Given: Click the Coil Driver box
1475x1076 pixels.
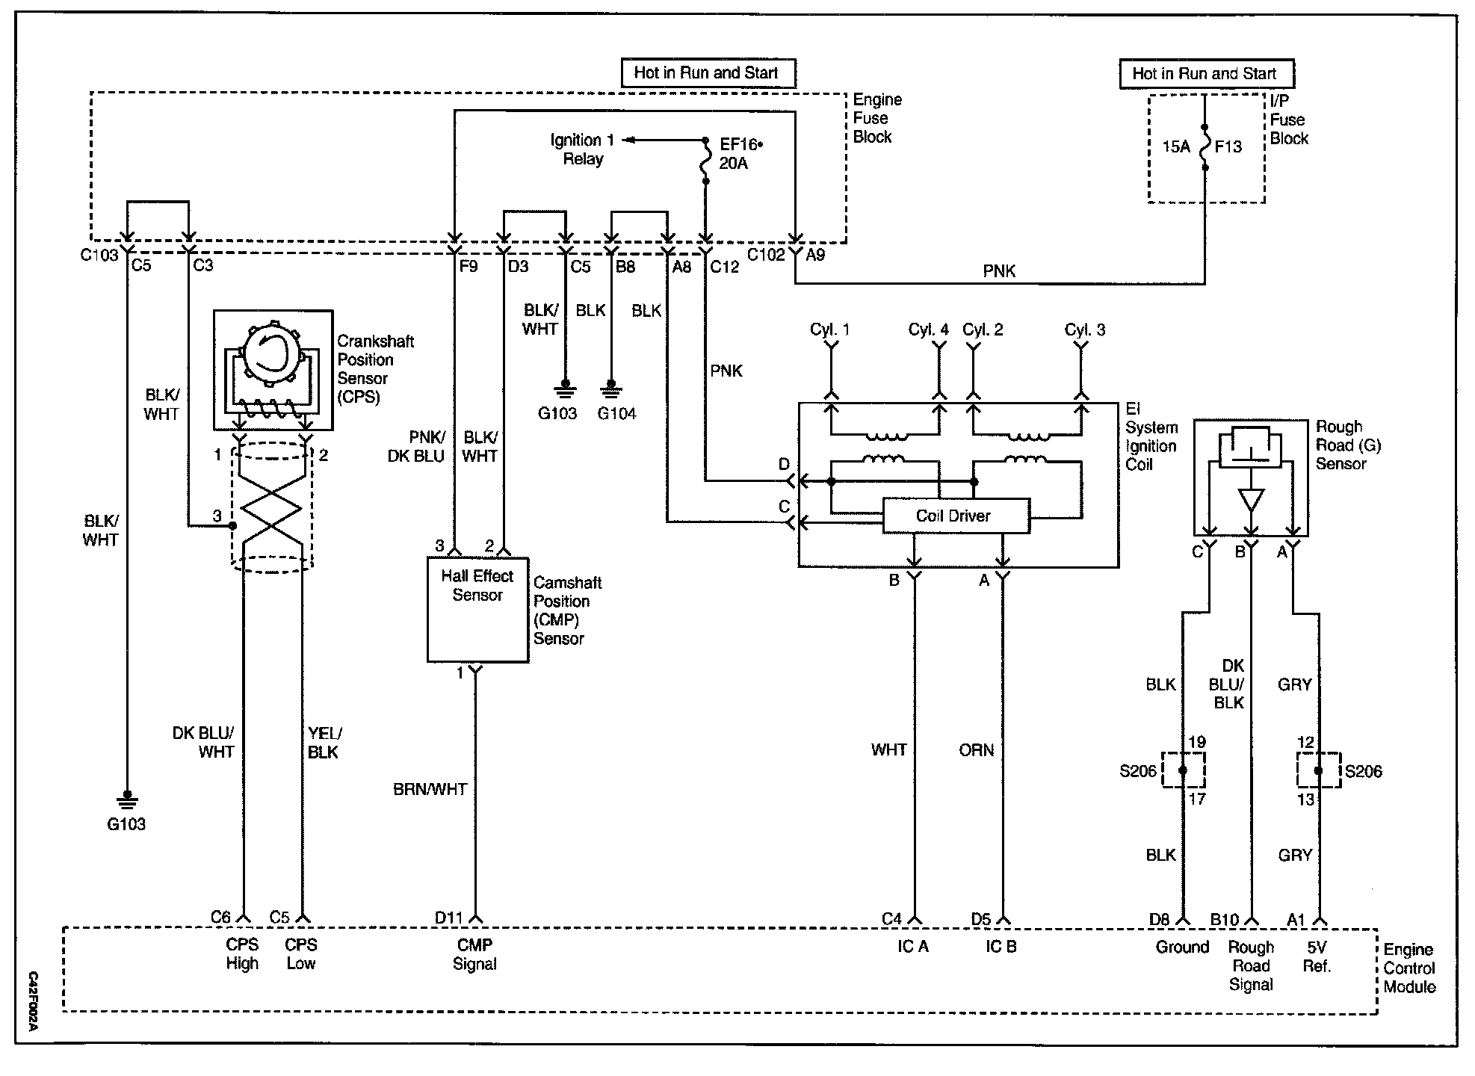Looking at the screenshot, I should pyautogui.click(x=955, y=516).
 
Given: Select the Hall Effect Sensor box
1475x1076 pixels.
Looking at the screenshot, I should pyautogui.click(x=477, y=609).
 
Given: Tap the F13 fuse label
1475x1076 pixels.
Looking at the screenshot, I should pyautogui.click(x=1228, y=146).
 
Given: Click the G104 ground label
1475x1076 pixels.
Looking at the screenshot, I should pyautogui.click(x=616, y=413).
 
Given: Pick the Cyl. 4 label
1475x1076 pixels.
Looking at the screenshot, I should pyautogui.click(x=928, y=330).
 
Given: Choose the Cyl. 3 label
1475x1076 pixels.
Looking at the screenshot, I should pyautogui.click(x=1084, y=330).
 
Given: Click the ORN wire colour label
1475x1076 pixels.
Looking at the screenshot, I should pyautogui.click(x=976, y=749).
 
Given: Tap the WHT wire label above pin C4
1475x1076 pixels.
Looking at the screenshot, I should pyautogui.click(x=888, y=749).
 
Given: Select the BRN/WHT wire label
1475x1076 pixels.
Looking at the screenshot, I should pyautogui.click(x=430, y=789).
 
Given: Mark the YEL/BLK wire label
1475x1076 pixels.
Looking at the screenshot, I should pyautogui.click(x=324, y=743).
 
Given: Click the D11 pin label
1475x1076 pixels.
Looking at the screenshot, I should pyautogui.click(x=449, y=918).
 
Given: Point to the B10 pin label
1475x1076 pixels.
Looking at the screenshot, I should pyautogui.click(x=1225, y=919).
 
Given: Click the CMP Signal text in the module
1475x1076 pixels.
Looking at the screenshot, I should pyautogui.click(x=474, y=954).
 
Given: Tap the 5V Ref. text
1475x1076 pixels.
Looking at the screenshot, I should pyautogui.click(x=1317, y=956).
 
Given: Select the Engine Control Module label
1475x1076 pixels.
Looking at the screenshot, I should pyautogui.click(x=1409, y=968).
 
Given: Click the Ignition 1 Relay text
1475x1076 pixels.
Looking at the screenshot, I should pyautogui.click(x=582, y=149).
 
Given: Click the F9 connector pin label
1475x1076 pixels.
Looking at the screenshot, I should pyautogui.click(x=468, y=266).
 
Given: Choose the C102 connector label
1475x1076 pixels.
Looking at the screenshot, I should pyautogui.click(x=767, y=255).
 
